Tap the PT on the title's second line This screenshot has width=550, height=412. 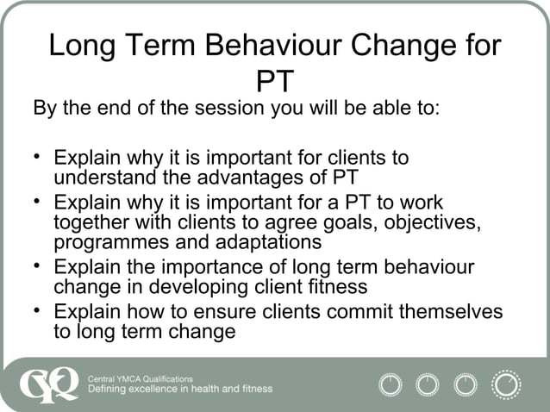tap(275, 81)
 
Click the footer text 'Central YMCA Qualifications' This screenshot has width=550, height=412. tap(141, 377)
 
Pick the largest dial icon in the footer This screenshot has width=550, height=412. tap(506, 384)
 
